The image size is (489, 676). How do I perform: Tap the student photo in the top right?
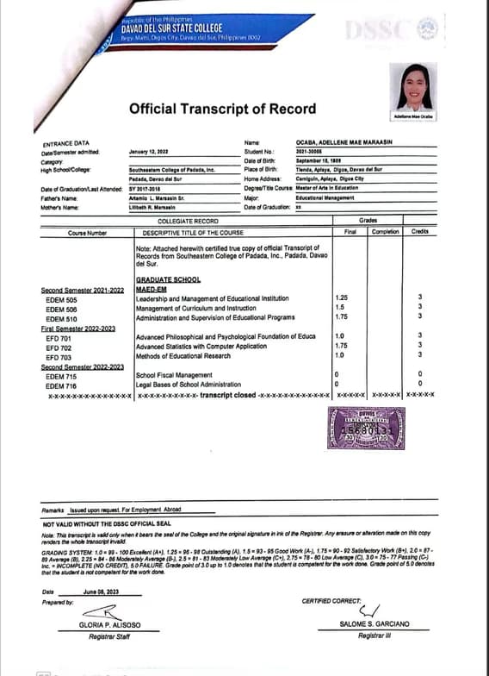(x=414, y=86)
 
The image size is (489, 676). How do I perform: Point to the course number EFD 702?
(x=59, y=347)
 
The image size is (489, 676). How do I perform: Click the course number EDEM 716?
(x=61, y=385)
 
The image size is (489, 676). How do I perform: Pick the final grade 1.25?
(x=342, y=298)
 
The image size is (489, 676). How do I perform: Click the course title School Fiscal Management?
(x=174, y=375)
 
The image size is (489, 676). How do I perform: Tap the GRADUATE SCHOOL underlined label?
(x=168, y=280)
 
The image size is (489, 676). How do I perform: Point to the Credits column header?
(x=419, y=231)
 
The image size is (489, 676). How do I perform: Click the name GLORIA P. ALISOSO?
(x=108, y=623)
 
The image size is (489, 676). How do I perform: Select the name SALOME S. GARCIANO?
(x=374, y=623)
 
